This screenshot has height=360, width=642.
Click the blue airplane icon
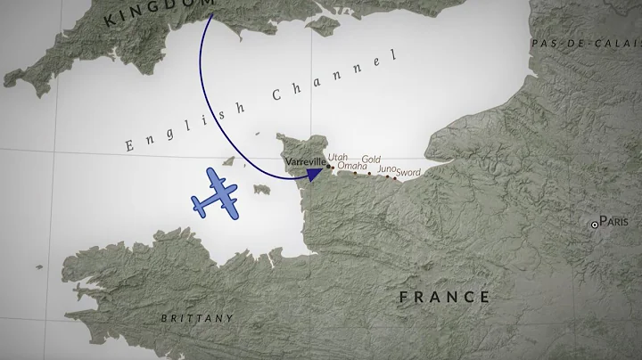(213, 192)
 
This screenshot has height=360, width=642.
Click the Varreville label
(305, 162)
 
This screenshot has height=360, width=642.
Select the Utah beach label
(337, 158)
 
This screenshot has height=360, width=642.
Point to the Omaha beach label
(352, 166)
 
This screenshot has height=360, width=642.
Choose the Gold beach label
(371, 160)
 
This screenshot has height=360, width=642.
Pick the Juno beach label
(387, 168)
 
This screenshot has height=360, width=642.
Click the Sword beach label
(408, 172)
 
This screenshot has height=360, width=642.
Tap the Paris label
(614, 221)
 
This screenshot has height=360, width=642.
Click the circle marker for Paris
(596, 225)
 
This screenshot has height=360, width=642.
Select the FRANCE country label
(444, 297)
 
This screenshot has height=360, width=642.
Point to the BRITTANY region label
(197, 318)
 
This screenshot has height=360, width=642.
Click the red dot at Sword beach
(395, 178)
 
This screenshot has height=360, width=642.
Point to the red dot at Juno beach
(384, 176)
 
